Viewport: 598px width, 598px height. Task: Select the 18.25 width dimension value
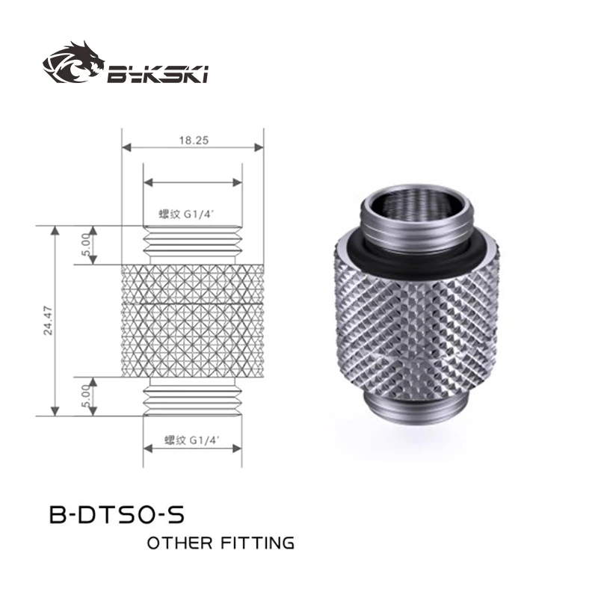click(193, 139)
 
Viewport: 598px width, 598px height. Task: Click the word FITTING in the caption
click(258, 543)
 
